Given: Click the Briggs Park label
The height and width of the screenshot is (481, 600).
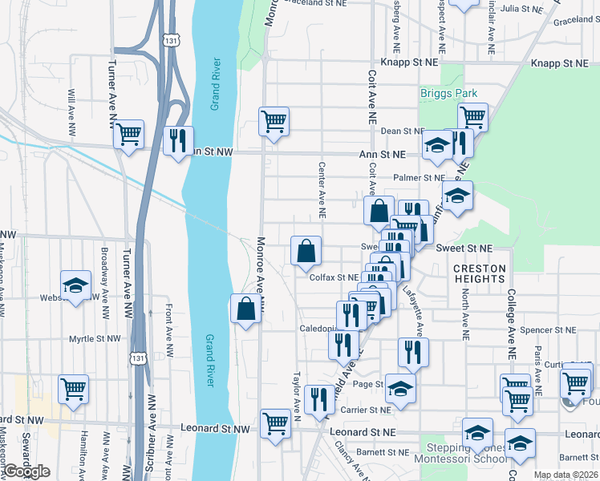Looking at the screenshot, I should point(448,94).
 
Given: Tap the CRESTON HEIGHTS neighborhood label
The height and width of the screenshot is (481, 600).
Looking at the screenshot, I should point(480,273).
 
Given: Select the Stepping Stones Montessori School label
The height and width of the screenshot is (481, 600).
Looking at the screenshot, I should point(460,453).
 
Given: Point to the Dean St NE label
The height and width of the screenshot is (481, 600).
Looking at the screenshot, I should point(402,131).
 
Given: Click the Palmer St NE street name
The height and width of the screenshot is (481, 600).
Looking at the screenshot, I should point(419,178).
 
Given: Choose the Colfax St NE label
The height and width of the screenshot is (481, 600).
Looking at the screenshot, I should point(334,277).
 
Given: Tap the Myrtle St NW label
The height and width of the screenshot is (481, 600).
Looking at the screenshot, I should point(95,338).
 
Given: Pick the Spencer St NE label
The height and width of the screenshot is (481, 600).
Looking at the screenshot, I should point(548,329).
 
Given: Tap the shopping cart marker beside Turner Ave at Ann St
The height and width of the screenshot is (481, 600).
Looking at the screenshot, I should point(128,135).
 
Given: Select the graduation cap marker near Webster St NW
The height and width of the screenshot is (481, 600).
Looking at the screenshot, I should point(75,285).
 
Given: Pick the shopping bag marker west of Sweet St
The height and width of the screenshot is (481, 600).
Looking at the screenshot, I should point(306,250).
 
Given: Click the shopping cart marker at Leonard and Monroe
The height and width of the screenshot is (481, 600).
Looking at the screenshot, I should point(275,422).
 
